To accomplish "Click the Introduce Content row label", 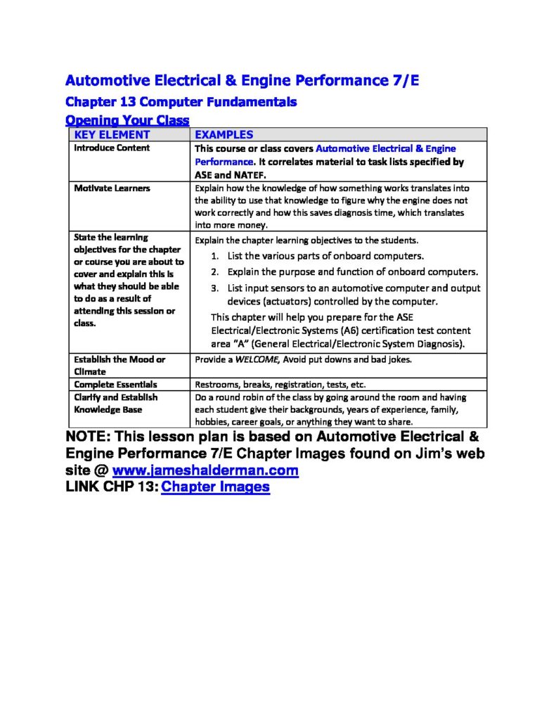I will pos(112,148).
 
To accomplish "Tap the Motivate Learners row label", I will pos(112,188).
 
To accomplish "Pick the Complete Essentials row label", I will pos(115,385).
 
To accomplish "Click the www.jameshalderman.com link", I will pos(205,470).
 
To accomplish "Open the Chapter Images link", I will pos(215,487).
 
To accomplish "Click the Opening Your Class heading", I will pos(127,120).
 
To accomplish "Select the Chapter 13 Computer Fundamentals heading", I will pos(181,102).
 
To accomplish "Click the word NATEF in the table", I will pos(250,175).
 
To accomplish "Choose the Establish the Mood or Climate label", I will pos(119,365).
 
